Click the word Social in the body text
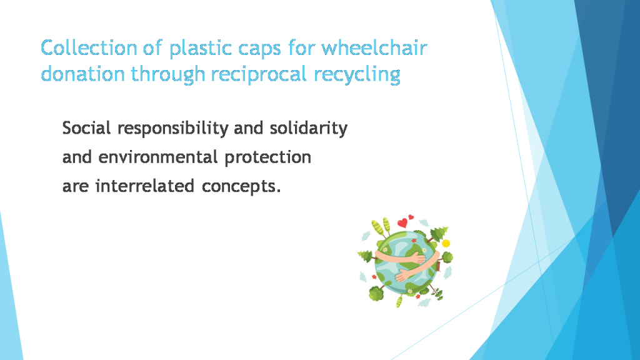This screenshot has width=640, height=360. point(87,129)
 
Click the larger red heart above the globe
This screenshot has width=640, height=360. point(402,223)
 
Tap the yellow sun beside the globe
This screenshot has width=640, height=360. point(446,242)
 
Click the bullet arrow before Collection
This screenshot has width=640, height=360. point(31,49)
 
